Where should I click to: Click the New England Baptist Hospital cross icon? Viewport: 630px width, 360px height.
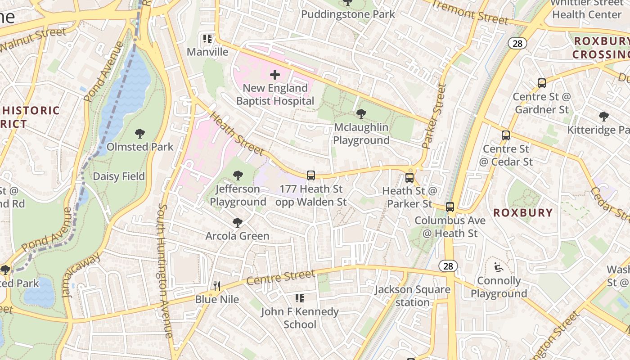(275, 75)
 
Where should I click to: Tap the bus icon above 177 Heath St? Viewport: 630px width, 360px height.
(310, 175)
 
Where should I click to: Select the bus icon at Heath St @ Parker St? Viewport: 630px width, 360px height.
(409, 178)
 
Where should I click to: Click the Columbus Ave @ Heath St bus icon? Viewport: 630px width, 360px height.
(450, 207)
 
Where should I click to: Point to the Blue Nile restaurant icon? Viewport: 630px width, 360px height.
(216, 286)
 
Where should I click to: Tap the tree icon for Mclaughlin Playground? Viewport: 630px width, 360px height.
(360, 114)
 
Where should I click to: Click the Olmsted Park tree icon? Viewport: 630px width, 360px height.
(139, 134)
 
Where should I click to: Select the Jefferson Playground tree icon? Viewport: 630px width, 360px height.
(238, 175)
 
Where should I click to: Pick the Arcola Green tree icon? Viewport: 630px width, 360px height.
(237, 222)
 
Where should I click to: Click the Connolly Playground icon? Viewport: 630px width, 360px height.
(498, 268)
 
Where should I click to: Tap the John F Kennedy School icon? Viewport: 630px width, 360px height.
(300, 298)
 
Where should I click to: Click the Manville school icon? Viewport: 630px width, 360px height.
(207, 39)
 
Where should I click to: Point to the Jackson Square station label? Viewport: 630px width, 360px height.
(413, 296)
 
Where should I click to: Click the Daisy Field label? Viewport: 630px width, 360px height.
(119, 176)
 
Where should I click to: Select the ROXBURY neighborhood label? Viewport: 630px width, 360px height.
(523, 213)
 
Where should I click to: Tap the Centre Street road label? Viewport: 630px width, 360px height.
(281, 278)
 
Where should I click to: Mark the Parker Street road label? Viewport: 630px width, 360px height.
(434, 116)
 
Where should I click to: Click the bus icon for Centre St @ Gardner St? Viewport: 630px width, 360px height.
(542, 83)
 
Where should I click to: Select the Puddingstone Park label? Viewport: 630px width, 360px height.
(348, 14)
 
